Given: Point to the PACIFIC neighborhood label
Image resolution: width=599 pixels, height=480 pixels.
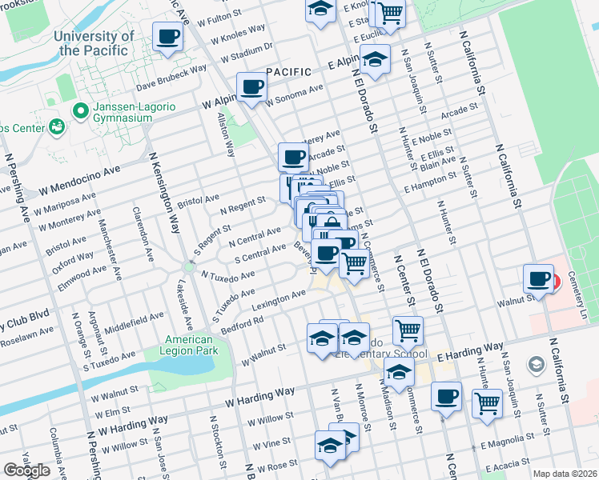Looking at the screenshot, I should tap(288, 72).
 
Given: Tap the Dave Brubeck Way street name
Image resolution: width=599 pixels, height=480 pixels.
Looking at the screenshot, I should tap(171, 78).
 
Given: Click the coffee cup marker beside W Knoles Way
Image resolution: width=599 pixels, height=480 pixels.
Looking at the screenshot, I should tap(168, 37).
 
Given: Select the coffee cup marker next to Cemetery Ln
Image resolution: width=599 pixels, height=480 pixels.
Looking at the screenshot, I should tap(538, 279).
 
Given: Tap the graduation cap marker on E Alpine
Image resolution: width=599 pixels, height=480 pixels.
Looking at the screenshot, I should tap(374, 58).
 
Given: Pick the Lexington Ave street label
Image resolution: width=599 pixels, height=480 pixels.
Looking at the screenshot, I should tap(279, 300).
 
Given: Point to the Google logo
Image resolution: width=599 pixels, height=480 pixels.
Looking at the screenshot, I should tap(26, 470).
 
